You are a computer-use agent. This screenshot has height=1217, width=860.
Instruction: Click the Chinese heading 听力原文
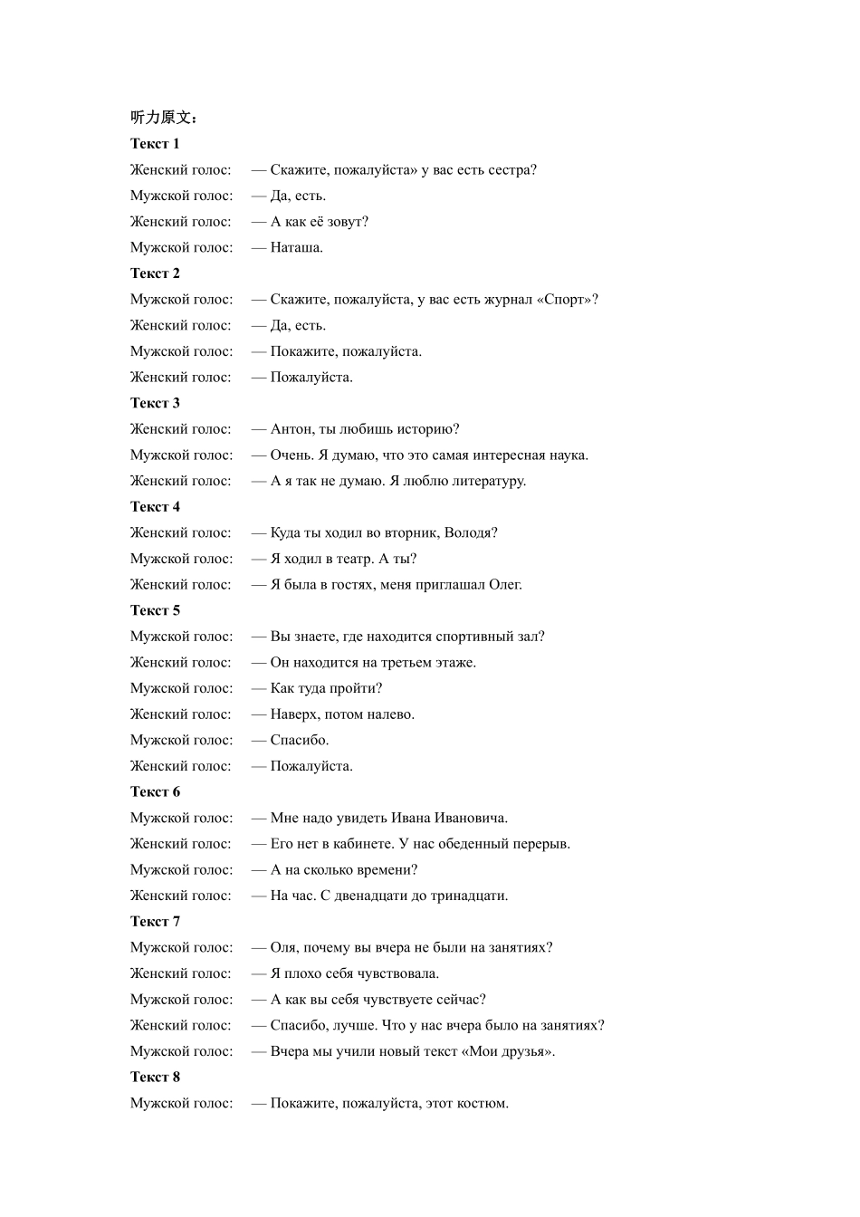[x=164, y=118]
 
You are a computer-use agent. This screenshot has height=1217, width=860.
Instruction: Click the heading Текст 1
[x=155, y=144]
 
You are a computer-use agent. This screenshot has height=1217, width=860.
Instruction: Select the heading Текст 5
[x=155, y=610]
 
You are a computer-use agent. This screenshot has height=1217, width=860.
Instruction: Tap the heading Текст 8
[x=155, y=1077]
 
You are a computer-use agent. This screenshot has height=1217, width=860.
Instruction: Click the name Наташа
[x=296, y=247]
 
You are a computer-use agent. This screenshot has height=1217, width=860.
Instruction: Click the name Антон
[x=291, y=429]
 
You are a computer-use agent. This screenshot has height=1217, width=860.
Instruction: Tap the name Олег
[x=504, y=585]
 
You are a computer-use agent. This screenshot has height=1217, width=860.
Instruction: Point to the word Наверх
[x=294, y=714]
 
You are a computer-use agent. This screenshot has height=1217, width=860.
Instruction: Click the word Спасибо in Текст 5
[x=299, y=741]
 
